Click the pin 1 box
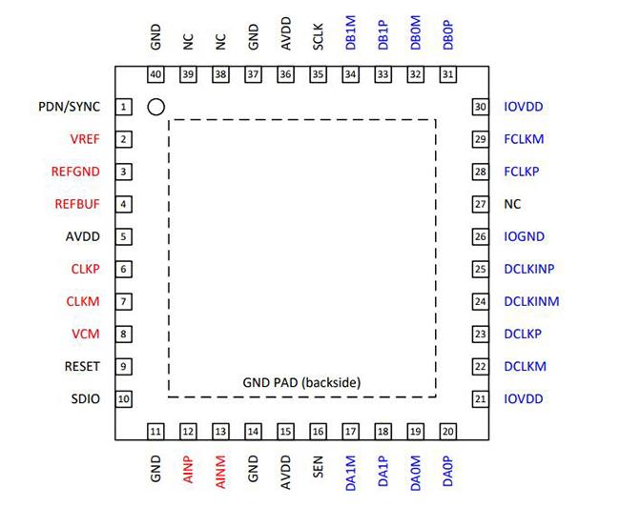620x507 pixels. pyautogui.click(x=123, y=107)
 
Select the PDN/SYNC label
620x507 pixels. pyautogui.click(x=70, y=107)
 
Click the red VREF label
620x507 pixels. pyautogui.click(x=85, y=139)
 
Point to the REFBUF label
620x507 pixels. pyautogui.click(x=77, y=204)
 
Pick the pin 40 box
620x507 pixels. pyautogui.click(x=155, y=74)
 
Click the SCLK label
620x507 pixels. pyautogui.click(x=319, y=37)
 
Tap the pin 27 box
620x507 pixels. pyautogui.click(x=481, y=204)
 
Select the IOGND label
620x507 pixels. pyautogui.click(x=524, y=236)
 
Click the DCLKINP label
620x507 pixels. pyautogui.click(x=529, y=269)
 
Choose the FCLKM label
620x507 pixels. pyautogui.click(x=524, y=139)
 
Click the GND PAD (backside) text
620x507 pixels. pyautogui.click(x=301, y=382)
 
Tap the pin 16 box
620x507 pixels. pyautogui.click(x=318, y=432)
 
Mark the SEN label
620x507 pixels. pyautogui.click(x=319, y=466)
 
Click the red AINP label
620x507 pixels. pyautogui.click(x=189, y=469)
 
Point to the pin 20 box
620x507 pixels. pyautogui.click(x=448, y=432)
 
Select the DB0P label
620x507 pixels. pyautogui.click(x=448, y=35)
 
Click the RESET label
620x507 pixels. pyautogui.click(x=82, y=366)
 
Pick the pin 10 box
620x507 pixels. pyautogui.click(x=123, y=398)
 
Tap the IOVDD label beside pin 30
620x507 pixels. pyautogui.click(x=523, y=107)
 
